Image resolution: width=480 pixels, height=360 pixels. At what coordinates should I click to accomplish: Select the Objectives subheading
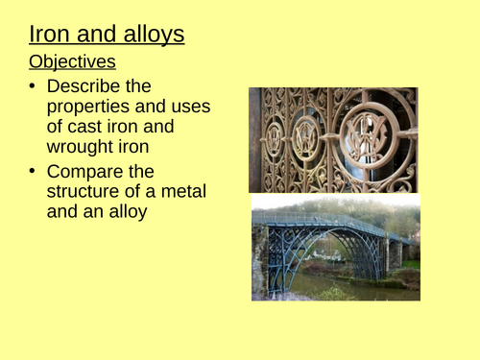pyautogui.click(x=73, y=62)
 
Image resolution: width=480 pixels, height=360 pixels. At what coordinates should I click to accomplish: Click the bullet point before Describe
pyautogui.click(x=34, y=85)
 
